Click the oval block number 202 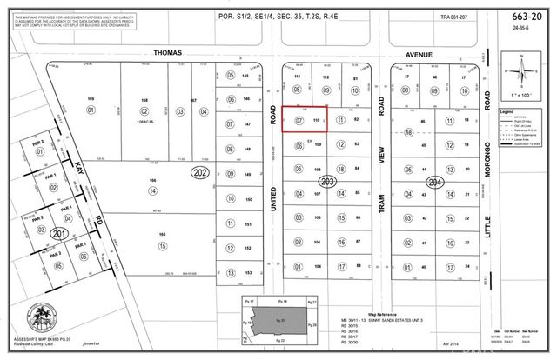click(199, 173)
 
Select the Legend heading click(507, 111)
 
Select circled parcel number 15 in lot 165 click(161, 247)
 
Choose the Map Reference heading click(381, 314)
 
